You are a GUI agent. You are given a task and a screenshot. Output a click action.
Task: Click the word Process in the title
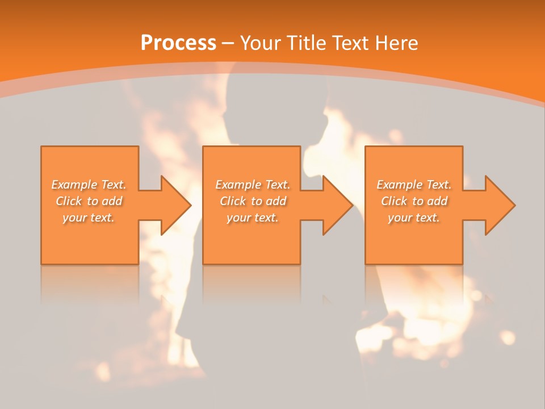click(x=178, y=43)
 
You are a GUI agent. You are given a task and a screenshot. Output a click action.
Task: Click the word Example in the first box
click(x=74, y=185)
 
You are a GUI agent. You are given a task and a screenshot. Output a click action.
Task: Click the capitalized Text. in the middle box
click(x=276, y=185)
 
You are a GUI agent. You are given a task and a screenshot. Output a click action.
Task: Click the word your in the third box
click(x=400, y=218)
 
